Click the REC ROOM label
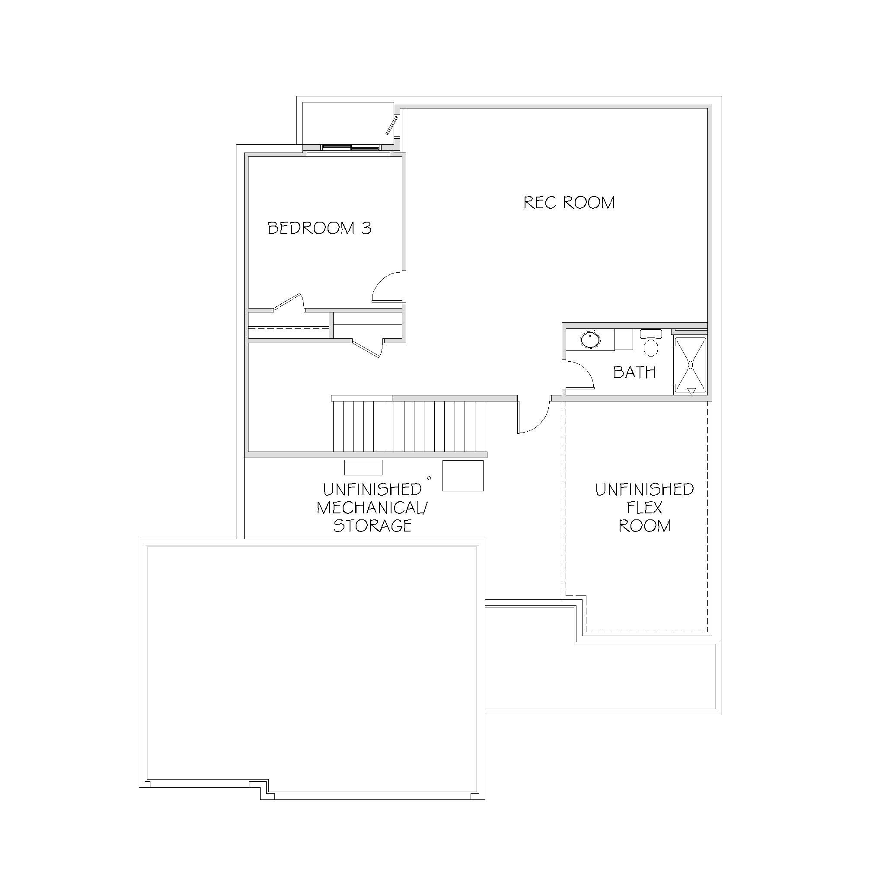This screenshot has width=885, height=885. tap(569, 203)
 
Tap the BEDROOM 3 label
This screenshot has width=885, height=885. tap(319, 228)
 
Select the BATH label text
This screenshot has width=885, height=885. tap(634, 372)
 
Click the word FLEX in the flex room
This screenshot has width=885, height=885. tap(644, 508)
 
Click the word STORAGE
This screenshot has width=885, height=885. tap(372, 525)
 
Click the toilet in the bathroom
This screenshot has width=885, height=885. tap(650, 343)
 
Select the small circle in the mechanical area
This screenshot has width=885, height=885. tap(429, 478)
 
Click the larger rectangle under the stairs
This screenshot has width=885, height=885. tap(463, 476)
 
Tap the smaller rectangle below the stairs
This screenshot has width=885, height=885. tap(363, 468)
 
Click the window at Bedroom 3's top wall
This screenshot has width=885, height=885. tap(350, 147)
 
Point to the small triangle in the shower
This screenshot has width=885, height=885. tap(692, 391)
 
